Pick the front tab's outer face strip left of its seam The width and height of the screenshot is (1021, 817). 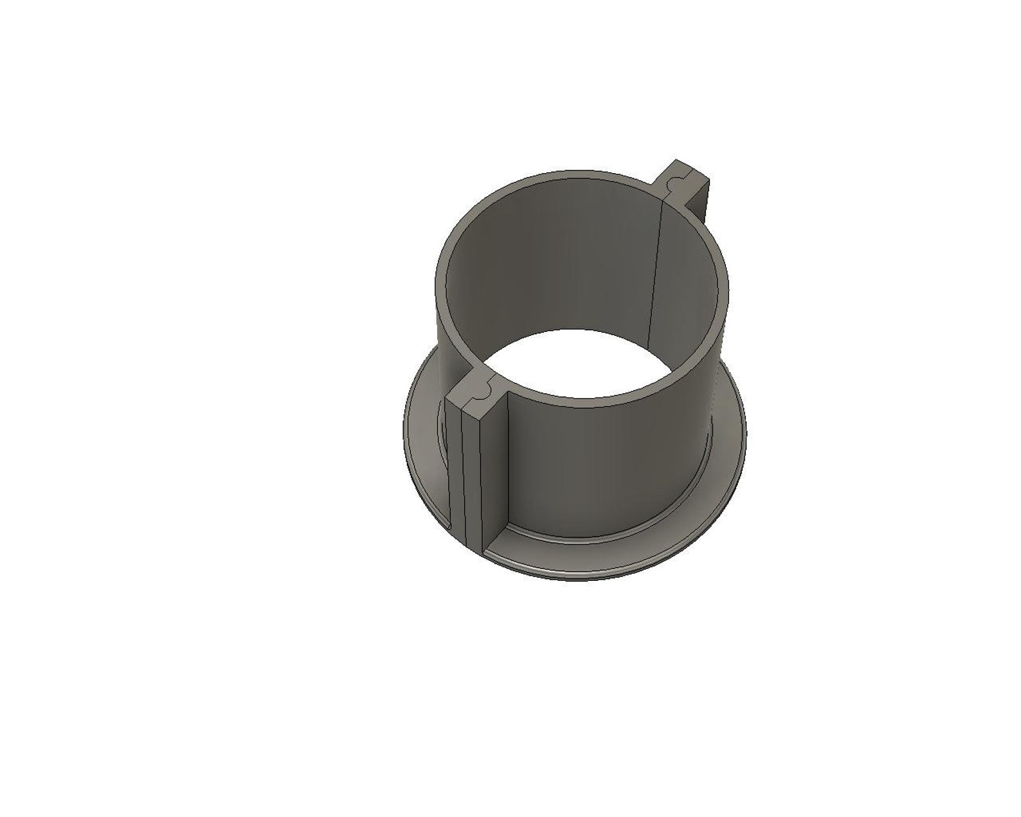point(453,476)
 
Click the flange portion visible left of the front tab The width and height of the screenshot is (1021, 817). point(424,450)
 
